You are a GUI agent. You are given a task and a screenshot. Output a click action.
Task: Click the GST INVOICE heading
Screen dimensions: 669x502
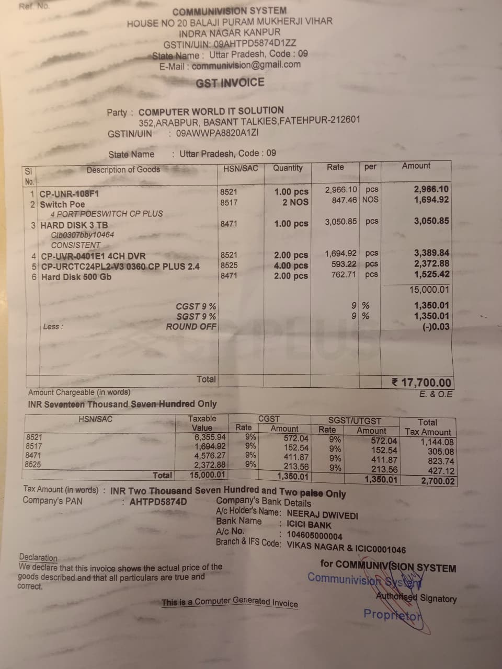click(x=230, y=83)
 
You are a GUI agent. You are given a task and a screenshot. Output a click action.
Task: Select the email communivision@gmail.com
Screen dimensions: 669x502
click(x=246, y=65)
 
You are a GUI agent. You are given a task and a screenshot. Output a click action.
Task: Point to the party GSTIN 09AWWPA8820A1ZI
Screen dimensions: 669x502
click(x=218, y=133)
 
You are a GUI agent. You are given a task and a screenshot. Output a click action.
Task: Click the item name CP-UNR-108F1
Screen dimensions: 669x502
click(x=70, y=194)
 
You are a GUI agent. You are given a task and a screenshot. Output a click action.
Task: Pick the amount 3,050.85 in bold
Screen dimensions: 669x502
click(x=431, y=221)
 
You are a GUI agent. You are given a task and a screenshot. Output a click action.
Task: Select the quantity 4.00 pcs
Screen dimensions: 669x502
click(x=291, y=266)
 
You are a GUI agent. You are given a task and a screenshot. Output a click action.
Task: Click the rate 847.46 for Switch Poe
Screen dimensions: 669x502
click(x=345, y=200)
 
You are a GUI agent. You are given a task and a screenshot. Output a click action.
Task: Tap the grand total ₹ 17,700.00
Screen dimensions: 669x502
click(x=421, y=383)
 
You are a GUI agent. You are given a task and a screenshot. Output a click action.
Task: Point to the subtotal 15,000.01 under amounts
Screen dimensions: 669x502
click(x=429, y=290)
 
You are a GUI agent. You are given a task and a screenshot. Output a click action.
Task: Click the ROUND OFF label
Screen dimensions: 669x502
click(x=191, y=327)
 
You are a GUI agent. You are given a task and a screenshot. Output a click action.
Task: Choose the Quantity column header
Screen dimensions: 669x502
click(x=288, y=168)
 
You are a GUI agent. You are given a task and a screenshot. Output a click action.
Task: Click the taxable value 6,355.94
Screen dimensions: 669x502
click(x=210, y=437)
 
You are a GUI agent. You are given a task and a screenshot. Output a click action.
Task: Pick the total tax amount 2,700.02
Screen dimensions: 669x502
click(x=438, y=481)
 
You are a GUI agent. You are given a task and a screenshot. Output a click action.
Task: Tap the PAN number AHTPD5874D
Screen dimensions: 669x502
click(x=158, y=502)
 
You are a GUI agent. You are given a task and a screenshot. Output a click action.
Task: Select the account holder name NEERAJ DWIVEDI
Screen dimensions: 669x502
click(x=323, y=515)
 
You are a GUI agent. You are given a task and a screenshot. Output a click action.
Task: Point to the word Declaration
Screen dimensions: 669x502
click(x=38, y=557)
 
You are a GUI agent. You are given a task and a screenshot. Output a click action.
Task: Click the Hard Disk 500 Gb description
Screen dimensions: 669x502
click(x=76, y=276)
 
